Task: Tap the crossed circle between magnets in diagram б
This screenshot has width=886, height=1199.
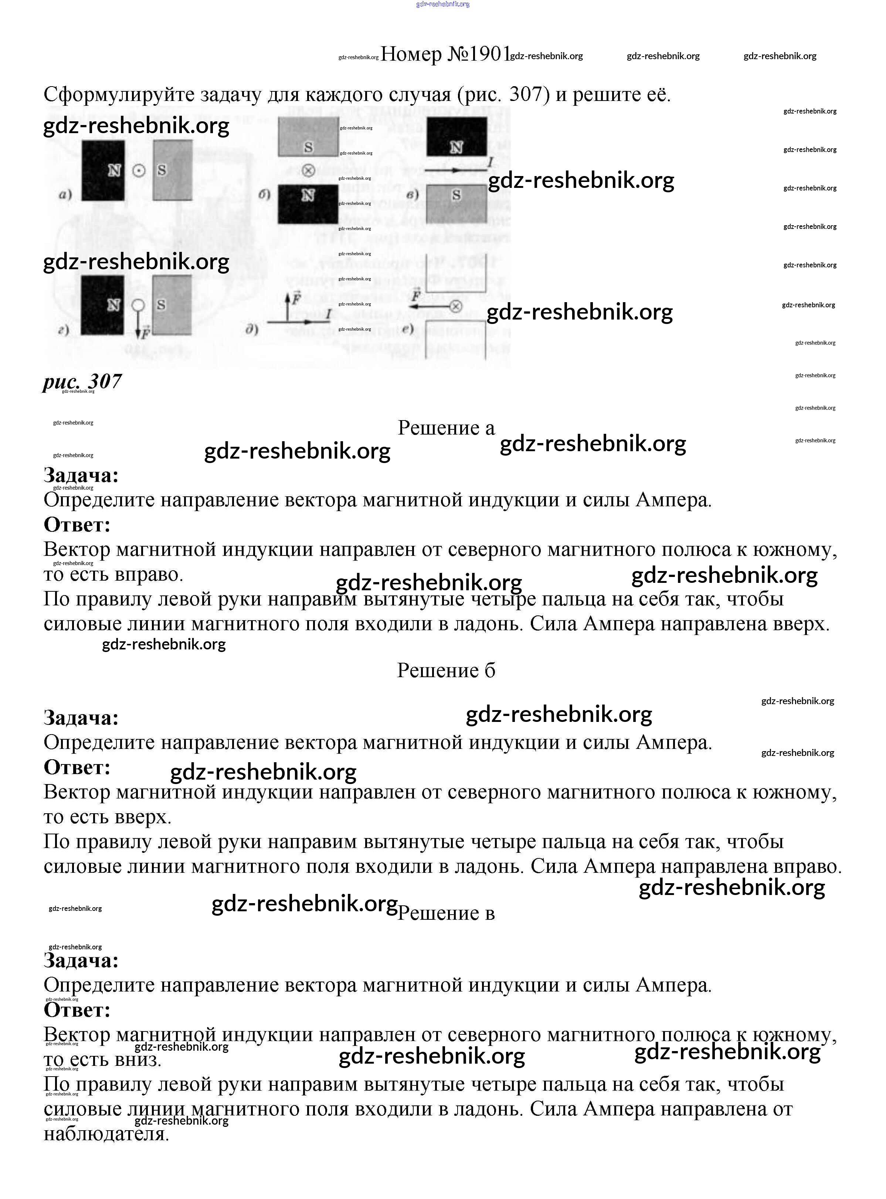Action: pos(308,171)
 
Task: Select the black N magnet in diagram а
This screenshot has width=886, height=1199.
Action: pos(103,170)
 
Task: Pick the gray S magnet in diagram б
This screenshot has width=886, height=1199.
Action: pos(308,137)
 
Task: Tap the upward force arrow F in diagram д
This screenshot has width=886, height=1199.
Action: pos(289,306)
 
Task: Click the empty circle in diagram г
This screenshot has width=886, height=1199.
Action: pos(138,305)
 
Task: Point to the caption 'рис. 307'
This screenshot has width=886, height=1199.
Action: pos(82,381)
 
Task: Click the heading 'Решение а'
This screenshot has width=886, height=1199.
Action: pos(446,428)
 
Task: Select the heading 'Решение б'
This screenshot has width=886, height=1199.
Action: pos(446,671)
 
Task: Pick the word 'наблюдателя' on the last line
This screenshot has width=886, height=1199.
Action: pos(106,1134)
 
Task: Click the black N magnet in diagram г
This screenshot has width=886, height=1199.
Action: pos(102,305)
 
